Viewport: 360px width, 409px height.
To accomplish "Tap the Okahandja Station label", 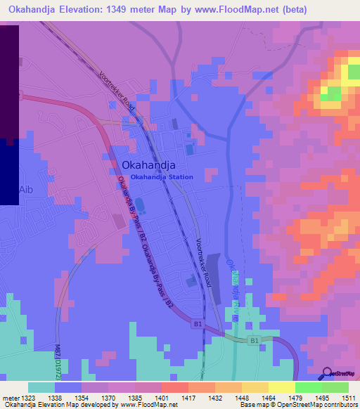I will tap(162, 177).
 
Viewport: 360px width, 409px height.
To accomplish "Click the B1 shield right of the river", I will tap(254, 341).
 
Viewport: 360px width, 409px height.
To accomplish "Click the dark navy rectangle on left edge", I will tap(8, 172).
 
